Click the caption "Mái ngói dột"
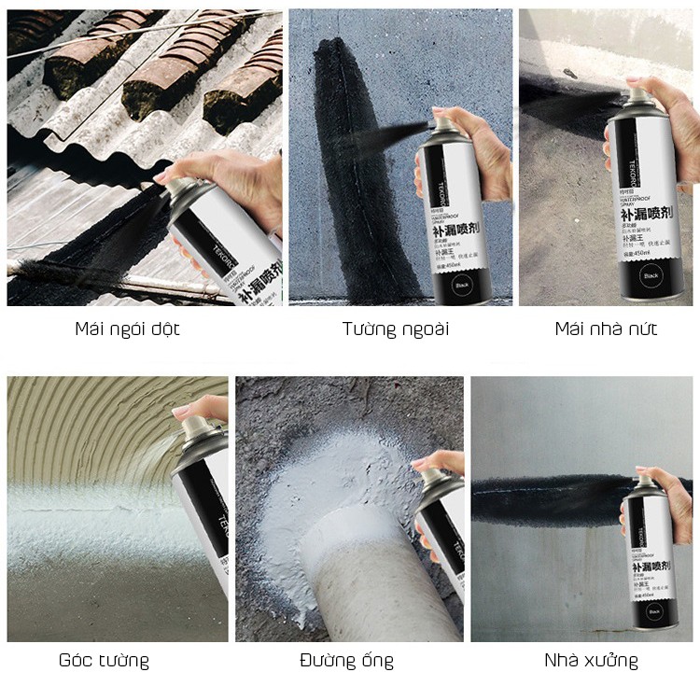127,329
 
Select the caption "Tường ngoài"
395,329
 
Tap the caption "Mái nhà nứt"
606,329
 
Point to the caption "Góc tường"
104,661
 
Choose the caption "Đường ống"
346,661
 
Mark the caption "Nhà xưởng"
592,661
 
